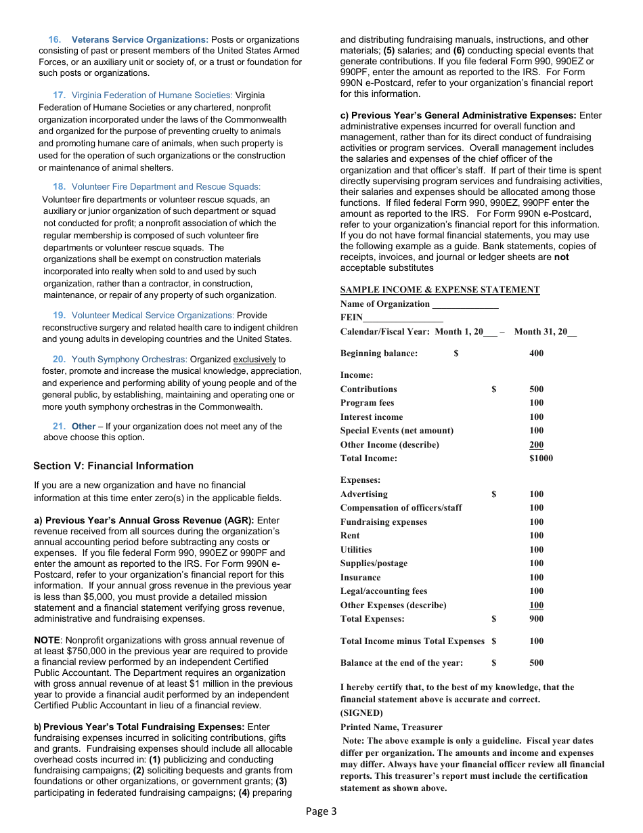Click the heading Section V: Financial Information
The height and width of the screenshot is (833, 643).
113,466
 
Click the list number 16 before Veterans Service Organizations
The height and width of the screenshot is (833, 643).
55,40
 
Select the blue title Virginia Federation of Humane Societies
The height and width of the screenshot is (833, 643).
152,95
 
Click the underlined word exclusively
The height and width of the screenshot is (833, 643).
254,360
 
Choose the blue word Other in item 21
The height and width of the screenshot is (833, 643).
84,427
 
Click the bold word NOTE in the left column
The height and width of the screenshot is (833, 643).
47,640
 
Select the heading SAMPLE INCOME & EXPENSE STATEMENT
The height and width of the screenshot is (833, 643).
440,290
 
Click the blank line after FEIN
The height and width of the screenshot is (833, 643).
403,318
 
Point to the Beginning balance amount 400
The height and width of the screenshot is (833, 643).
536,354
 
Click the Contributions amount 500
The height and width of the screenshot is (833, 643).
536,389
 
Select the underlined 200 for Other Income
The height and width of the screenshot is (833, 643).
536,445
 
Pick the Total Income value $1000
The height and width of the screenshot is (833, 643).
541,458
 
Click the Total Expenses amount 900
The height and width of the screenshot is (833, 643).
536,619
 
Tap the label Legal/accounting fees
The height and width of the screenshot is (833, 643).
384,591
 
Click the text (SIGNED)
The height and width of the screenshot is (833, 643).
361,713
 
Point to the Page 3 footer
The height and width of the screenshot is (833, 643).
321,811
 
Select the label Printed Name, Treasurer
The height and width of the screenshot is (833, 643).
391,727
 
